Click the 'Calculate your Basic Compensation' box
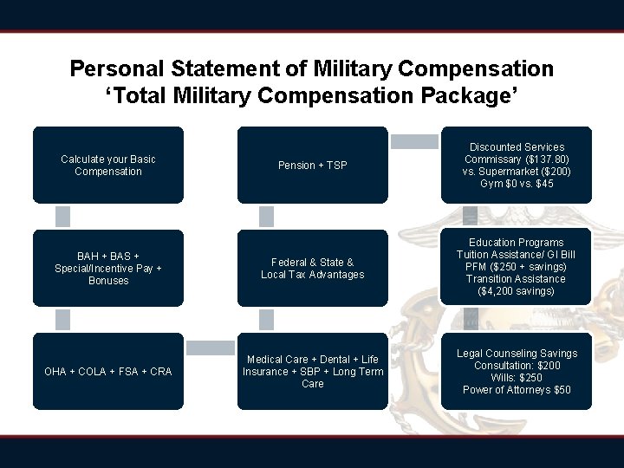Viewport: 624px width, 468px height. tap(108, 165)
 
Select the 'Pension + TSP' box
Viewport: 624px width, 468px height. tap(312, 165)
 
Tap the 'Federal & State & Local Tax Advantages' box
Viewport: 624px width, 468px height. tap(312, 268)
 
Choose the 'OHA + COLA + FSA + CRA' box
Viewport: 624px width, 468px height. tap(108, 371)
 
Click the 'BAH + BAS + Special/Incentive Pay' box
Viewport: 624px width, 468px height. tap(108, 268)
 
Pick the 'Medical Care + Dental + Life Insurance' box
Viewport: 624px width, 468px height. tap(312, 371)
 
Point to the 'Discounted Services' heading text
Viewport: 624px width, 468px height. tap(517, 147)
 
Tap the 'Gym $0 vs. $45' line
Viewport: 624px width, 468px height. tap(517, 184)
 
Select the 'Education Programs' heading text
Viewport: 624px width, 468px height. tap(517, 243)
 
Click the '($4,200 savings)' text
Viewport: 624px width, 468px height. tap(517, 291)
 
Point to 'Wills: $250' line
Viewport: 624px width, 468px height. tap(517, 378)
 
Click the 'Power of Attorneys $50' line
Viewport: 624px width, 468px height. tap(517, 390)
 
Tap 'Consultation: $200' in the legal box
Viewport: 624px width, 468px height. tap(517, 366)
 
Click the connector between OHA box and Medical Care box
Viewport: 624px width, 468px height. tap(210, 348)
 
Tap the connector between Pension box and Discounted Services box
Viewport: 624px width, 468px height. tap(414, 140)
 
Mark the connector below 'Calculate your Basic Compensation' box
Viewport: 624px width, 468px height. tap(62, 216)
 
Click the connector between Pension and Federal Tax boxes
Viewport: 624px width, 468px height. tap(266, 216)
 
